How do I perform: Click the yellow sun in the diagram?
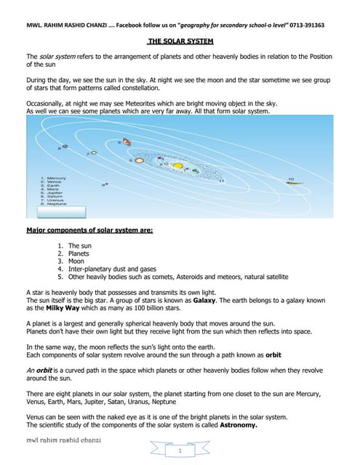click(x=177, y=166)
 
